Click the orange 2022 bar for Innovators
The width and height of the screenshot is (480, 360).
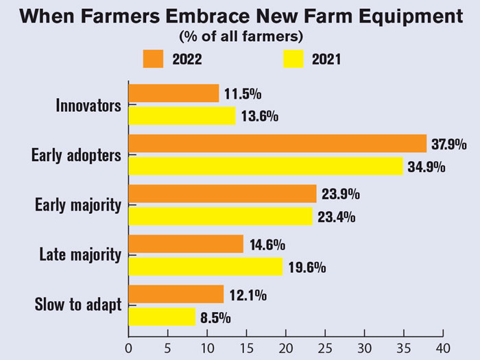[173, 93]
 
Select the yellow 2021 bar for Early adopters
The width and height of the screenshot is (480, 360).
[265, 167]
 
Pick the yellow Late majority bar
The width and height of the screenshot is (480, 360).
[205, 267]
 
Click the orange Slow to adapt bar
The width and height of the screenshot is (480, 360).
[176, 294]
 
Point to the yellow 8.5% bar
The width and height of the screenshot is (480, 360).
[162, 317]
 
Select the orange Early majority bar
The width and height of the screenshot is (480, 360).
[222, 194]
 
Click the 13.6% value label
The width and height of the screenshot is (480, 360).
[259, 116]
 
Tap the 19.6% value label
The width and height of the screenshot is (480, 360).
[306, 267]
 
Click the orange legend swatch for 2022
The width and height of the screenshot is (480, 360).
[153, 58]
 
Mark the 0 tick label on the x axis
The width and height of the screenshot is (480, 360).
[129, 346]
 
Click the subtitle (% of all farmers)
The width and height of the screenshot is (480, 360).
[241, 34]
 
